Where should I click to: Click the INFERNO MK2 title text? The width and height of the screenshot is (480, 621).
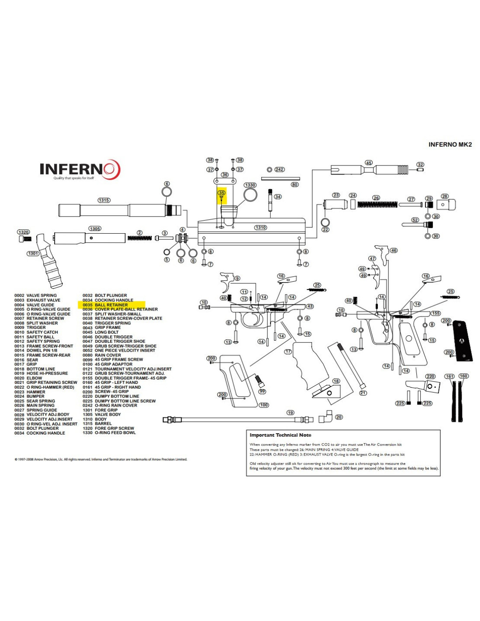449,145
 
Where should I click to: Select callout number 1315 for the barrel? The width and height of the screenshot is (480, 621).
103,200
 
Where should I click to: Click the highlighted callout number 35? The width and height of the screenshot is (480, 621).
221,193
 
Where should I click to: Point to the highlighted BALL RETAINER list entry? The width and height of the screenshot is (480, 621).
111,305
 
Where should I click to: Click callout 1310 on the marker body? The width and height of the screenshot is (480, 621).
261,228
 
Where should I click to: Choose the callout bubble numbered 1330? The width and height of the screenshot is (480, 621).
250,185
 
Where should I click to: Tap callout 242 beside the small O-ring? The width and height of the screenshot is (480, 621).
279,169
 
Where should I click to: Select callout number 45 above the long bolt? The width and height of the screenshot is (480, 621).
369,163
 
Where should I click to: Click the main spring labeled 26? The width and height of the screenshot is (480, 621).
377,204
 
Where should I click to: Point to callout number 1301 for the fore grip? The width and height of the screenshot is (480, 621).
33,253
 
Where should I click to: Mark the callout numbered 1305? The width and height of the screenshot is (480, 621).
95,228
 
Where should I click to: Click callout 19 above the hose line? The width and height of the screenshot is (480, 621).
290,412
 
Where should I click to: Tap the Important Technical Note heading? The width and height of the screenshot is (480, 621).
280,435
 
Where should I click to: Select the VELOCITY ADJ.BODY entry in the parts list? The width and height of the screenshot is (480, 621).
48,414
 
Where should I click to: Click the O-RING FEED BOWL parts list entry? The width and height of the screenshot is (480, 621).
115,433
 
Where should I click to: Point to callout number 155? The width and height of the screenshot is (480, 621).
435,313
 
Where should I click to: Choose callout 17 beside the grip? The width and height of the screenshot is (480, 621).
288,352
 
